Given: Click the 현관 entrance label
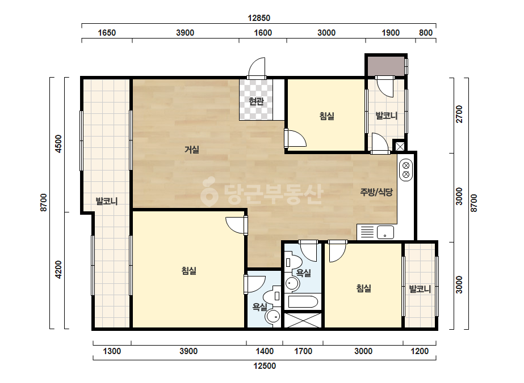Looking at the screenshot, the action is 256,101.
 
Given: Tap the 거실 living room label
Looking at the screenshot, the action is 192,150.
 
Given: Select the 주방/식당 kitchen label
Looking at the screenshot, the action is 376,192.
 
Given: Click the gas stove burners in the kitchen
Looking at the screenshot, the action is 406,170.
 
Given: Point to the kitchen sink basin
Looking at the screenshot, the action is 385,232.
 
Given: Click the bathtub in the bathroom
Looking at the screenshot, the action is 303,302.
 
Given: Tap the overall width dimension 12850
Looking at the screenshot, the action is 259,18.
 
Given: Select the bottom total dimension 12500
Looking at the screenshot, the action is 265,366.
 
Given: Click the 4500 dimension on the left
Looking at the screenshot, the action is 58,144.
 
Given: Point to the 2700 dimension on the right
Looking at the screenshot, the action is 459,114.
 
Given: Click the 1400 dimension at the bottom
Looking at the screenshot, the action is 265,351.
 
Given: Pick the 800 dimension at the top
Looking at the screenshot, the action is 426,33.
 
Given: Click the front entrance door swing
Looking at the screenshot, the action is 257,69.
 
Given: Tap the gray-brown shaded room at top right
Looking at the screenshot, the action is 386,66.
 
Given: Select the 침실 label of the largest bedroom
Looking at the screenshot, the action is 189,271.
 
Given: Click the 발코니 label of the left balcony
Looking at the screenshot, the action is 107,201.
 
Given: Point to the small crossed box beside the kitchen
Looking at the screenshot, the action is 400,146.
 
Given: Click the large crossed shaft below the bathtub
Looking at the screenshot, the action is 303,320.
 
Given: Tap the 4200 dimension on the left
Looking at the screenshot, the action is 58,270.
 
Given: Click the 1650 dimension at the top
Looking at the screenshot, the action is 107,33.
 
